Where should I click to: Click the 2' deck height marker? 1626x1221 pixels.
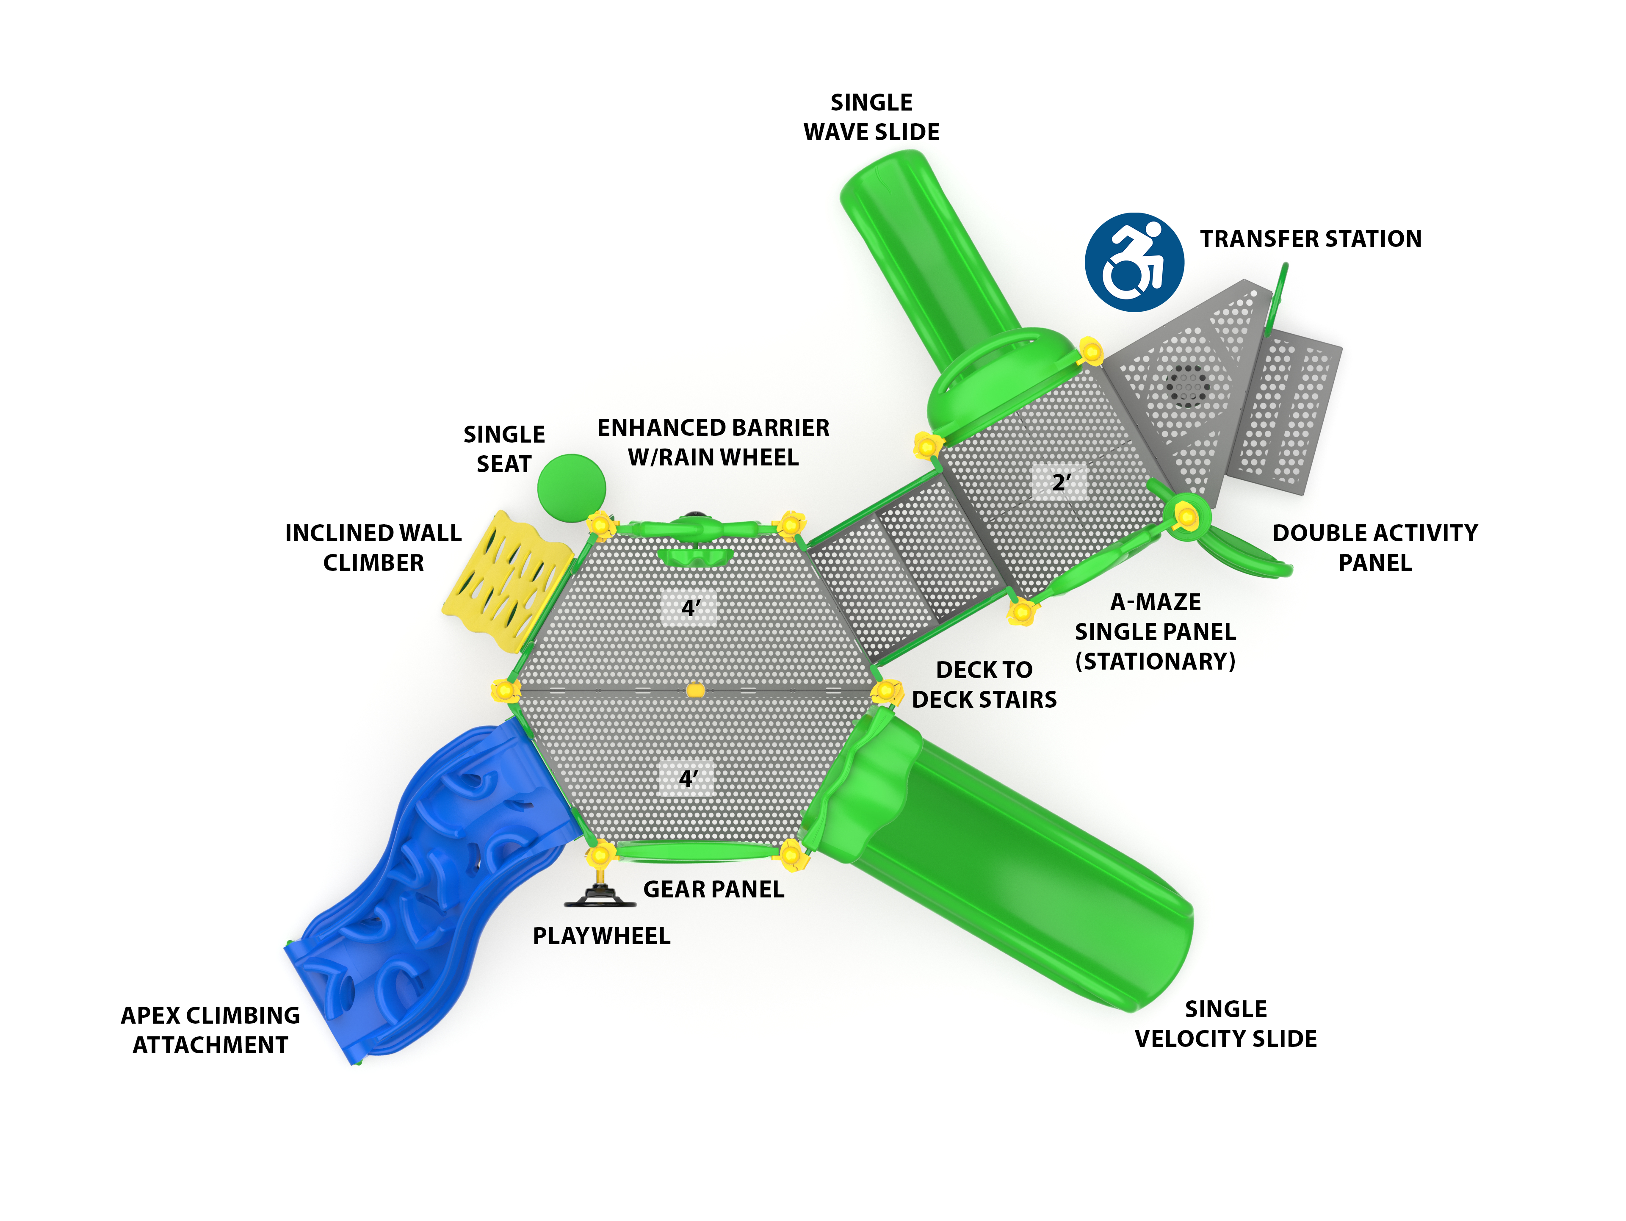click(1060, 483)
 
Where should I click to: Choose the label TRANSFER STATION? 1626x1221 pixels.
click(1310, 239)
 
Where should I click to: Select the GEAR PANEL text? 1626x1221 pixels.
click(713, 889)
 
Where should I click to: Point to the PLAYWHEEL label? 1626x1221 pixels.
click(601, 936)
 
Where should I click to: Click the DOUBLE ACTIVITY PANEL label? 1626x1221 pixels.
click(1374, 548)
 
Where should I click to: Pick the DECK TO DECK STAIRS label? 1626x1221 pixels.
click(984, 684)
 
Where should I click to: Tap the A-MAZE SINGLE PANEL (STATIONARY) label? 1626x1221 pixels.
click(1155, 631)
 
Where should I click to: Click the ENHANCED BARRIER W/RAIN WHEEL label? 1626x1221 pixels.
click(713, 443)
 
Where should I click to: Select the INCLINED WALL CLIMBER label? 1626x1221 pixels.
click(373, 548)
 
